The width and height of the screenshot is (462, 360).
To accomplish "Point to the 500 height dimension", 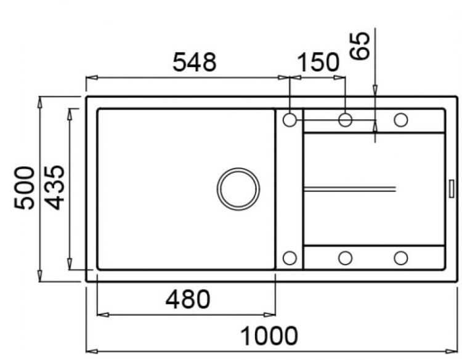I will coord(25,188).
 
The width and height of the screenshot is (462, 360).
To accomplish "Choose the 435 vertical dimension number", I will coord(55,188).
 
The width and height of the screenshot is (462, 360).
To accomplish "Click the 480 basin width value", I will coord(187,300).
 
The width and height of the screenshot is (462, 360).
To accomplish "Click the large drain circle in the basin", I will coord(238,187).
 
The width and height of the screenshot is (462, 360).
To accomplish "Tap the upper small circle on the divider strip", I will coord(290,119).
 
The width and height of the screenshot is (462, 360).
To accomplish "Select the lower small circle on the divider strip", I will coord(290,258).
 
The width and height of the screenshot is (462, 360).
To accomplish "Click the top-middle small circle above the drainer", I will coord(345,119).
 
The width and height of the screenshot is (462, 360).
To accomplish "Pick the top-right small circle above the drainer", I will coord(400,119).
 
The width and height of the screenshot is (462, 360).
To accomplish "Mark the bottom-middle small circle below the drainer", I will coord(345,258).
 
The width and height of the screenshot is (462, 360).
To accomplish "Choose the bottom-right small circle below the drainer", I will coord(400,258).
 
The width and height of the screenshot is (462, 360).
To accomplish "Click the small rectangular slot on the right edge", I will coord(452,188).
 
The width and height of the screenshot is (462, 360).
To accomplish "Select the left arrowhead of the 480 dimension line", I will coord(102,315).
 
